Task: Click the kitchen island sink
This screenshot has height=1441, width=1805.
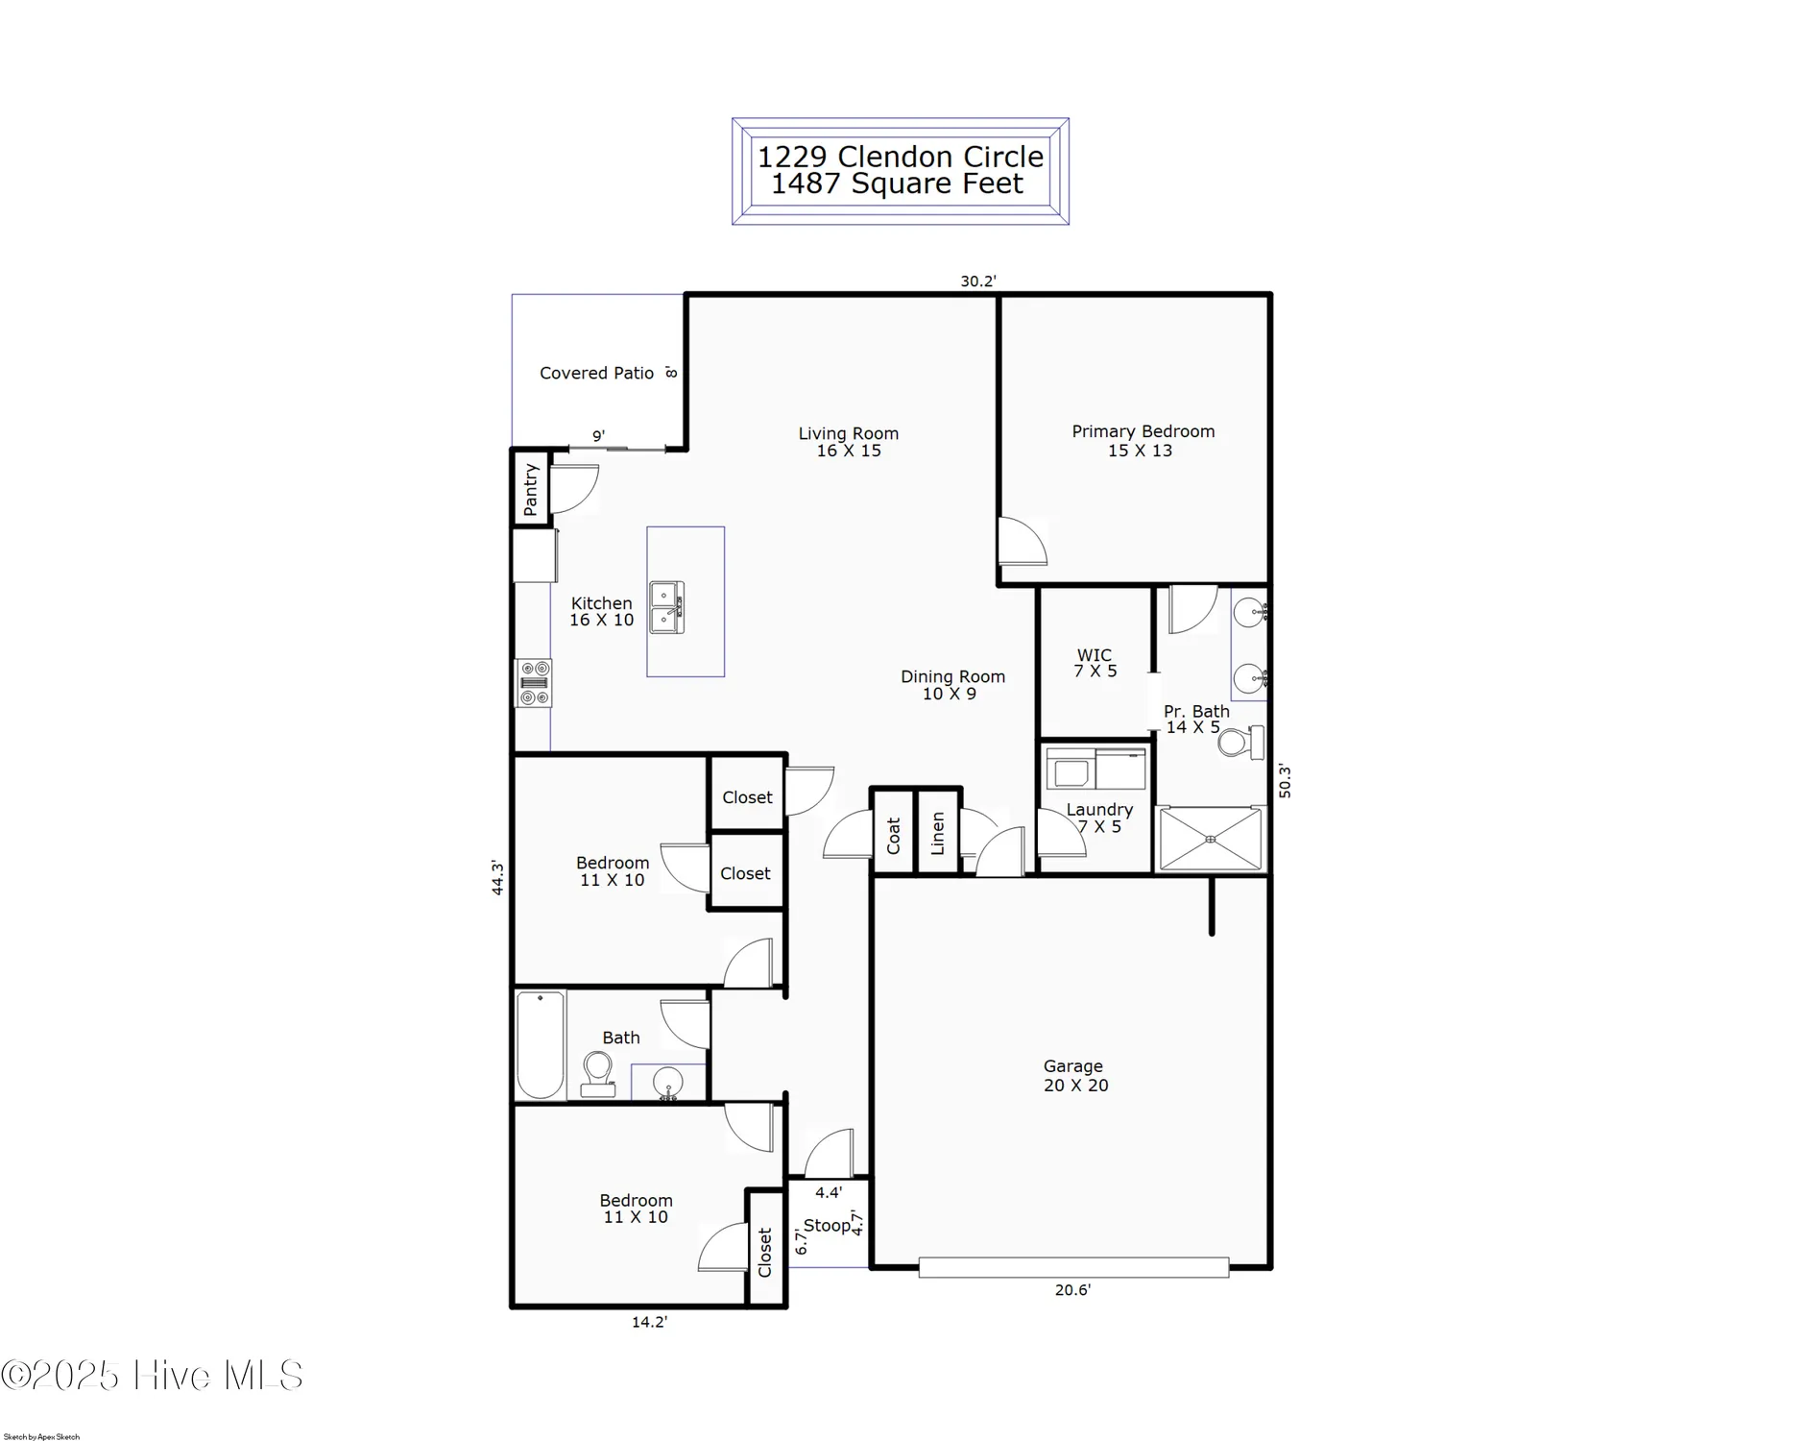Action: coord(666,607)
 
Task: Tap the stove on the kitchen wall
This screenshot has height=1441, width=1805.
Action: coord(534,683)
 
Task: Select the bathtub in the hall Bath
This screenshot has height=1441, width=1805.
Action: coord(541,1044)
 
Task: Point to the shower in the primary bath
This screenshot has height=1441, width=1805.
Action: coord(1210,840)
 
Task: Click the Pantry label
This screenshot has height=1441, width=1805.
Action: coord(531,488)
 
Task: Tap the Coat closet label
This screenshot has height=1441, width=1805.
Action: coord(894,836)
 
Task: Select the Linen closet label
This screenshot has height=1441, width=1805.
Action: coord(938,833)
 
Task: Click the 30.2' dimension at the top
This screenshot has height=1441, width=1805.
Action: coord(978,281)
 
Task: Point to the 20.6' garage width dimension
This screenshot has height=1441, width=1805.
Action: coord(1072,1290)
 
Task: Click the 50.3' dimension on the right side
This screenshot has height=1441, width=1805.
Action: coord(1285,780)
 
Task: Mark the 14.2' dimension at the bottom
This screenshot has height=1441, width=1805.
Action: coord(649,1322)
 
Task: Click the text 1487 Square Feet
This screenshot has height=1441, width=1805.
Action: coord(898,183)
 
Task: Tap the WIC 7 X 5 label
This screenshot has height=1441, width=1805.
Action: coord(1095,663)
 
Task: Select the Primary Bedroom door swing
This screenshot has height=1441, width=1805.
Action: coord(1023,542)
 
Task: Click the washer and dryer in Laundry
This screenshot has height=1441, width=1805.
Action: coord(1095,769)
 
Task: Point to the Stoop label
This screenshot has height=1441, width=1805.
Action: coord(827,1225)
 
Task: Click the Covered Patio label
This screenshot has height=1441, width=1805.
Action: coord(596,373)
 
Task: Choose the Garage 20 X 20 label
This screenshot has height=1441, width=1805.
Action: coord(1074,1075)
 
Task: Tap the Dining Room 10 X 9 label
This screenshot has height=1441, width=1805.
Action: coord(951,685)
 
